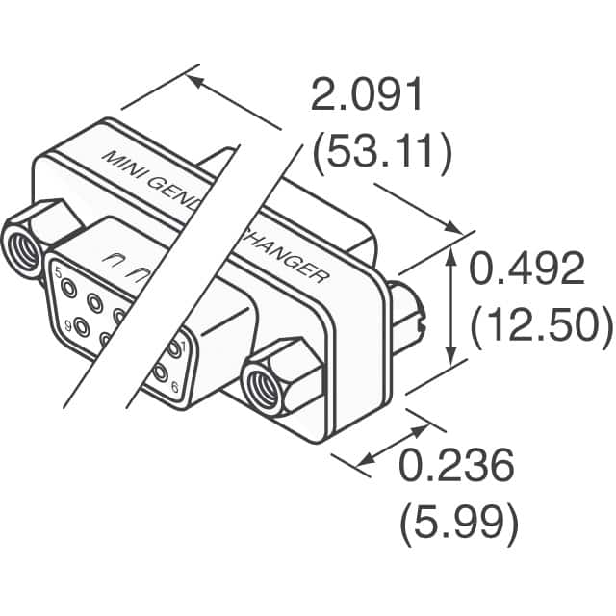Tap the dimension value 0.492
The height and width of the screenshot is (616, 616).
(x=526, y=271)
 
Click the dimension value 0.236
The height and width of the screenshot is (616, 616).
(x=456, y=469)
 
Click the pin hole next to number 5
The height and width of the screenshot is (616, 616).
(x=73, y=285)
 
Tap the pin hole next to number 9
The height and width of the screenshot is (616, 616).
(x=81, y=327)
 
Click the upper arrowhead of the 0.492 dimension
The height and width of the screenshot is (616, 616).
(x=453, y=252)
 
